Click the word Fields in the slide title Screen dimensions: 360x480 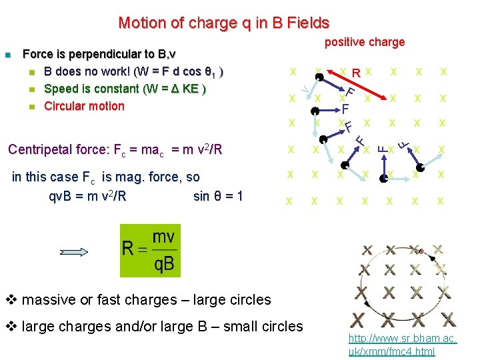pyautogui.click(x=307, y=23)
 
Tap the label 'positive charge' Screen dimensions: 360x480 pyautogui.click(x=365, y=42)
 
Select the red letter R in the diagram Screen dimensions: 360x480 pyautogui.click(x=357, y=73)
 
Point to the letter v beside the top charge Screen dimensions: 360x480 pyautogui.click(x=304, y=87)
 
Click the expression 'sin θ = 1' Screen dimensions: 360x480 pyautogui.click(x=218, y=196)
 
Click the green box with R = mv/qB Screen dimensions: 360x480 pyautogui.click(x=150, y=251)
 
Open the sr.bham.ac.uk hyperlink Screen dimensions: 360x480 pyautogui.click(x=402, y=345)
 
